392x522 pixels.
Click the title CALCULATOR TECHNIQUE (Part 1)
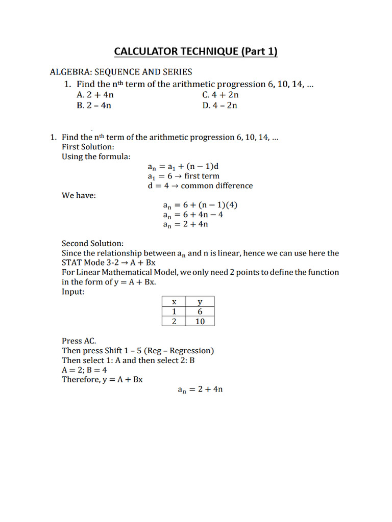[195, 51]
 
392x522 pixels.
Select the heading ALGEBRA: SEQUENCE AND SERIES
[120, 72]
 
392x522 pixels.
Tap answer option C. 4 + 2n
[220, 95]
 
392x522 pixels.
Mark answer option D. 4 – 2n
[220, 106]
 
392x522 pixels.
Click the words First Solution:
[88, 147]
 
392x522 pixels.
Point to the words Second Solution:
[92, 244]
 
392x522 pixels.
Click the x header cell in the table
[174, 302]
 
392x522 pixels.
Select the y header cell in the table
[200, 302]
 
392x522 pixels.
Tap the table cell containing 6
[200, 311]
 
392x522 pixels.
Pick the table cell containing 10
[200, 321]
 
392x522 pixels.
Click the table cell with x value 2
[174, 321]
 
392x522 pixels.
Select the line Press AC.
[79, 341]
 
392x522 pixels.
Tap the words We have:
[79, 195]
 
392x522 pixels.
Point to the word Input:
[73, 292]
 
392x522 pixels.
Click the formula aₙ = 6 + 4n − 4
[193, 215]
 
